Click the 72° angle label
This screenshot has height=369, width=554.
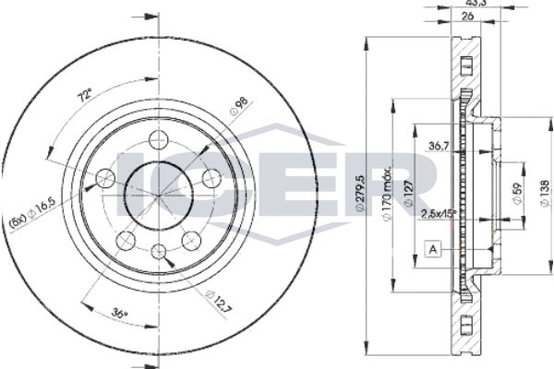point(85,96)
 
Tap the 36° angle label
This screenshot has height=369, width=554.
point(119,313)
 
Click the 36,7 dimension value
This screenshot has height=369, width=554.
point(439,145)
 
